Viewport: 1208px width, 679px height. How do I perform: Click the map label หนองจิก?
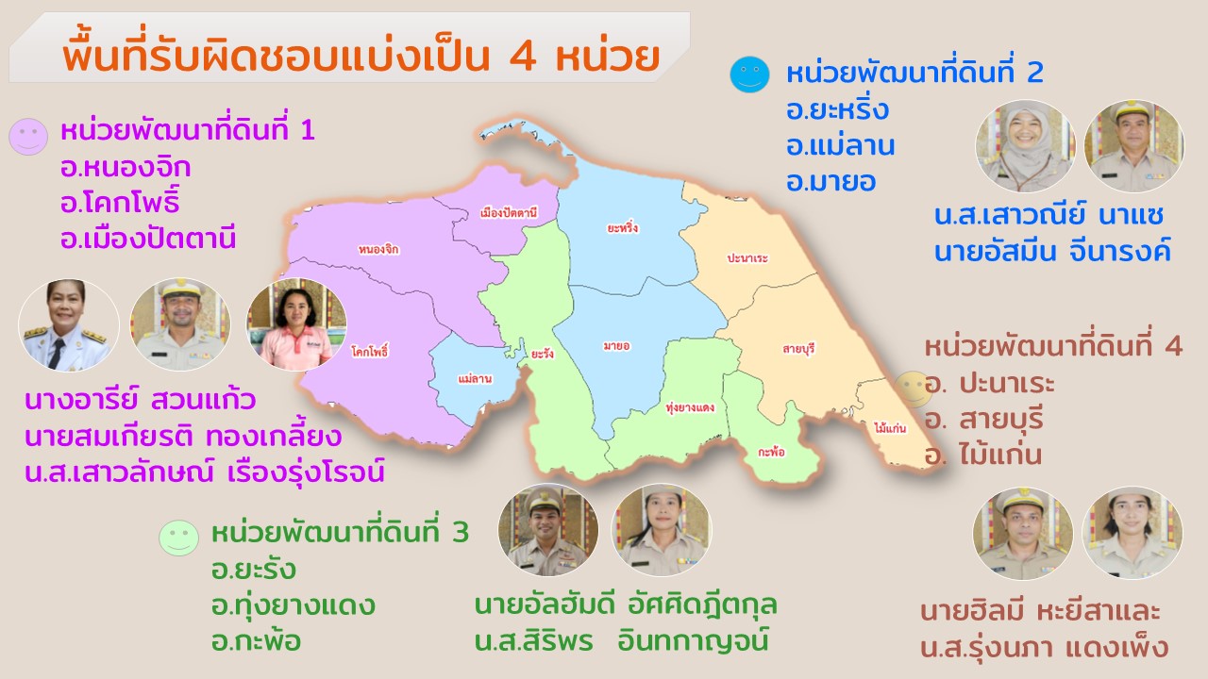click(378, 250)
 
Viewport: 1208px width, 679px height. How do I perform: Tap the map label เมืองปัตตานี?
click(508, 212)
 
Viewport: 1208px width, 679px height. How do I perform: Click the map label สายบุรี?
click(798, 349)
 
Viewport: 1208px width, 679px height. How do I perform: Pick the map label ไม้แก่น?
click(890, 428)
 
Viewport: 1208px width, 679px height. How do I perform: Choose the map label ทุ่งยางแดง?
click(689, 408)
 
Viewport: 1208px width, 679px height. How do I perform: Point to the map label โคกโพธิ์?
click(370, 352)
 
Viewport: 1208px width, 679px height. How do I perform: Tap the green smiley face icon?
click(178, 538)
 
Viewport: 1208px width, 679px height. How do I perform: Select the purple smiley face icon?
click(28, 137)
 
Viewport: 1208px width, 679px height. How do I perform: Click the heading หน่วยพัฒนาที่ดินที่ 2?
click(914, 74)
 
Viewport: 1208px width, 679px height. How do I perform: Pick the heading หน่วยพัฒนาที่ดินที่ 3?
click(340, 533)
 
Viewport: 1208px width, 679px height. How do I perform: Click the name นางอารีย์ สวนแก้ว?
click(141, 402)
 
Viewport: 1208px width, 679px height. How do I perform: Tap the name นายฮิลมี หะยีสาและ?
click(1040, 610)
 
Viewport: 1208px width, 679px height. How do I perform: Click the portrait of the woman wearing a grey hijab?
click(1026, 146)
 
